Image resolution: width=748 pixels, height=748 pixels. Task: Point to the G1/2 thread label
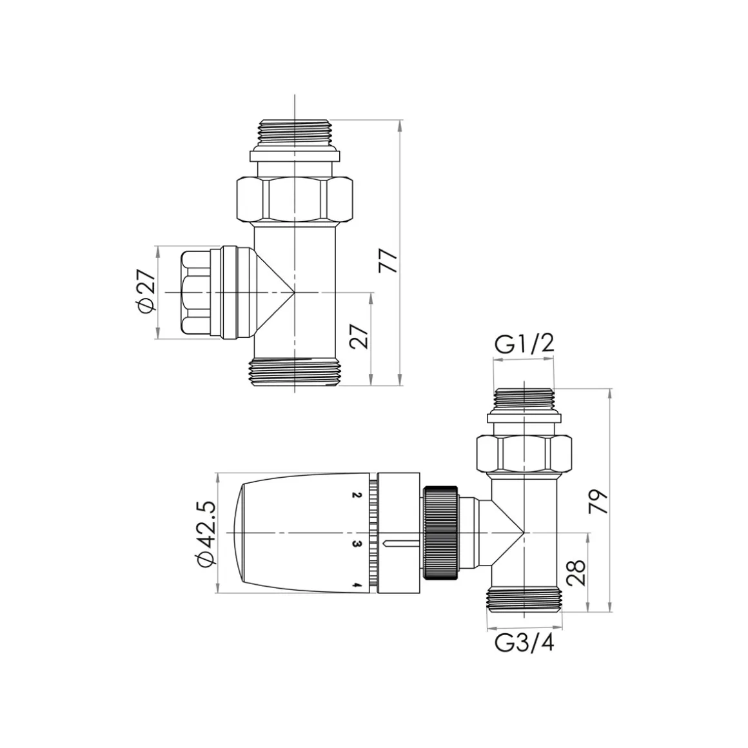pyautogui.click(x=524, y=344)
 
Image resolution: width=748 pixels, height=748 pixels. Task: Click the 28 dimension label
pyautogui.click(x=576, y=573)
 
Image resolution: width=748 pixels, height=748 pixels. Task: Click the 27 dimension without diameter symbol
pyautogui.click(x=360, y=337)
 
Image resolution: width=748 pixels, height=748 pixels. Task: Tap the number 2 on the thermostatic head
pyautogui.click(x=355, y=495)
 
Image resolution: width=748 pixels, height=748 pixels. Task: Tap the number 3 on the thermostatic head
pyautogui.click(x=355, y=544)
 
